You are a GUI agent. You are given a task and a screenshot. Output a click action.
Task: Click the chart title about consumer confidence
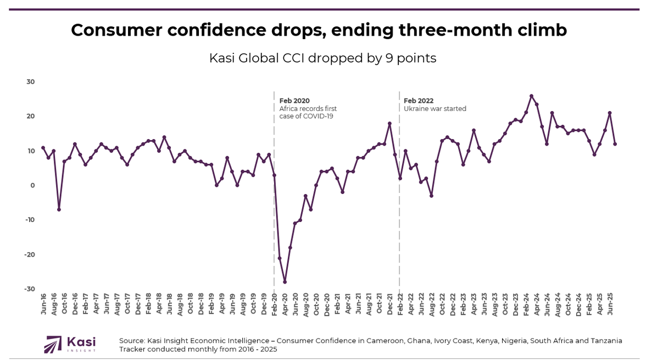click(319, 30)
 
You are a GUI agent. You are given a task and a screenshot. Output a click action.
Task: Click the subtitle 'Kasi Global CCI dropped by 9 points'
click(322, 58)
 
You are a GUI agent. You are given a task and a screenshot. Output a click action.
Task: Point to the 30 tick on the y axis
click(30, 82)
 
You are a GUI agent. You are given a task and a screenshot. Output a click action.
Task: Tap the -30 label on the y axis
click(29, 289)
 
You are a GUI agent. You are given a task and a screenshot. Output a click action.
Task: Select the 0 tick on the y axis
click(32, 185)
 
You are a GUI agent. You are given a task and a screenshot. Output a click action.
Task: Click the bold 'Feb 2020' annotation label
click(294, 101)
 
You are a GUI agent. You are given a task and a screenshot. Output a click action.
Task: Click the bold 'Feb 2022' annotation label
click(419, 101)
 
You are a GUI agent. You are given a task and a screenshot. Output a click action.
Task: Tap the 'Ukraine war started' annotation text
click(435, 109)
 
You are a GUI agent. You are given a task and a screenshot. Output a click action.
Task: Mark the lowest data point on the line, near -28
click(285, 282)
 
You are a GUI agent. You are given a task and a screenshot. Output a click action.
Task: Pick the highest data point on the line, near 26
click(531, 96)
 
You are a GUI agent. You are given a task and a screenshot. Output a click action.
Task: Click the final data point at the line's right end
click(615, 144)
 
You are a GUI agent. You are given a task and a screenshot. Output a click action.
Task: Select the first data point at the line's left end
click(43, 148)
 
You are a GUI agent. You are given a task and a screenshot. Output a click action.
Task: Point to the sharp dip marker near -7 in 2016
click(59, 209)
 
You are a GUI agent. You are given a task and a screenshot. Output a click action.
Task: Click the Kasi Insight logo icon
click(53, 344)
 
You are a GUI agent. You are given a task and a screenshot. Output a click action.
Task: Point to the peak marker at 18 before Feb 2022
click(389, 124)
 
